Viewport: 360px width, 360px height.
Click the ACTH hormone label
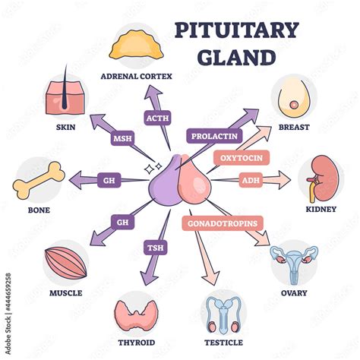(x=157, y=118)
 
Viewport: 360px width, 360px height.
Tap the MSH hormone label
(x=122, y=138)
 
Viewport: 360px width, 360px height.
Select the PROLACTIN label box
(x=214, y=136)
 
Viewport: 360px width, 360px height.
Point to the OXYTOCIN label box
(x=242, y=158)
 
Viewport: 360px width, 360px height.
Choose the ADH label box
(x=251, y=180)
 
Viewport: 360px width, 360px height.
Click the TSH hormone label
(x=156, y=248)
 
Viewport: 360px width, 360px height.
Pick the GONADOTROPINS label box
(x=223, y=223)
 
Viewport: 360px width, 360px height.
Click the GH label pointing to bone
(x=109, y=180)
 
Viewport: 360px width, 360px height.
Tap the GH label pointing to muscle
(x=122, y=223)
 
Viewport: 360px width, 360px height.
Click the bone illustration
(x=39, y=180)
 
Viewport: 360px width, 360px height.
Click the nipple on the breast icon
(x=294, y=105)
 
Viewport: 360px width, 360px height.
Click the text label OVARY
(x=294, y=293)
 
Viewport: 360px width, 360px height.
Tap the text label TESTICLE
(x=223, y=343)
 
